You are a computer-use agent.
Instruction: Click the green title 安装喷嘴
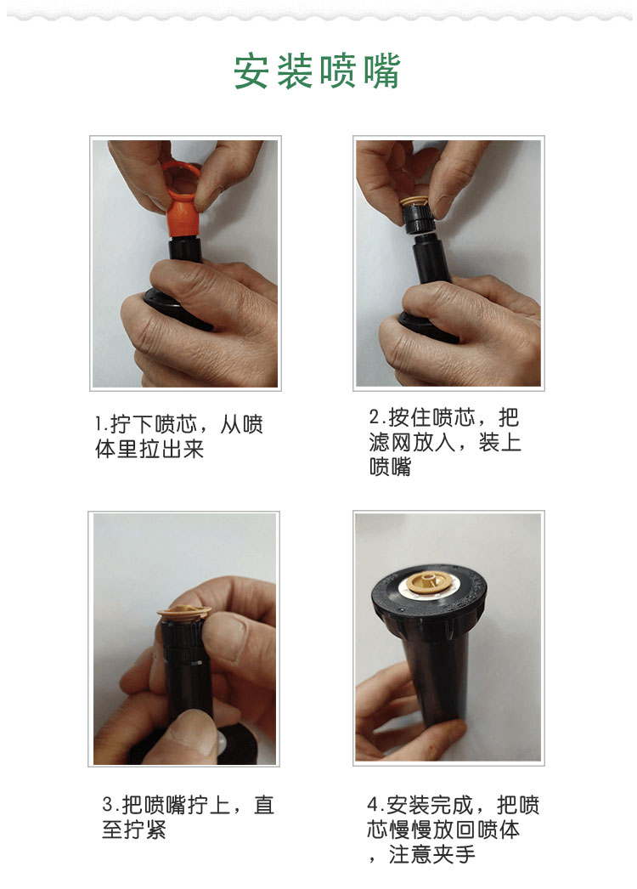click(317, 71)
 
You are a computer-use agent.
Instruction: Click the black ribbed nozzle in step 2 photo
click(419, 218)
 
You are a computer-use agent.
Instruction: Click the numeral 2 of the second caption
click(375, 417)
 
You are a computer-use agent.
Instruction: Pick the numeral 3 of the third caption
click(108, 805)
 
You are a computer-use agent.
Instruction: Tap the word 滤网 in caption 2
click(391, 442)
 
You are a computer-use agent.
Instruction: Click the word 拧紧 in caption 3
click(144, 830)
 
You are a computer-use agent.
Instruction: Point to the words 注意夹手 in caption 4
click(431, 854)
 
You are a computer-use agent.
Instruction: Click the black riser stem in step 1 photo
click(186, 250)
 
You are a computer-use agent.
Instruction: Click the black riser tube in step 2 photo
click(431, 258)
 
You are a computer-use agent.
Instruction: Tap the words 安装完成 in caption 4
click(430, 805)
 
